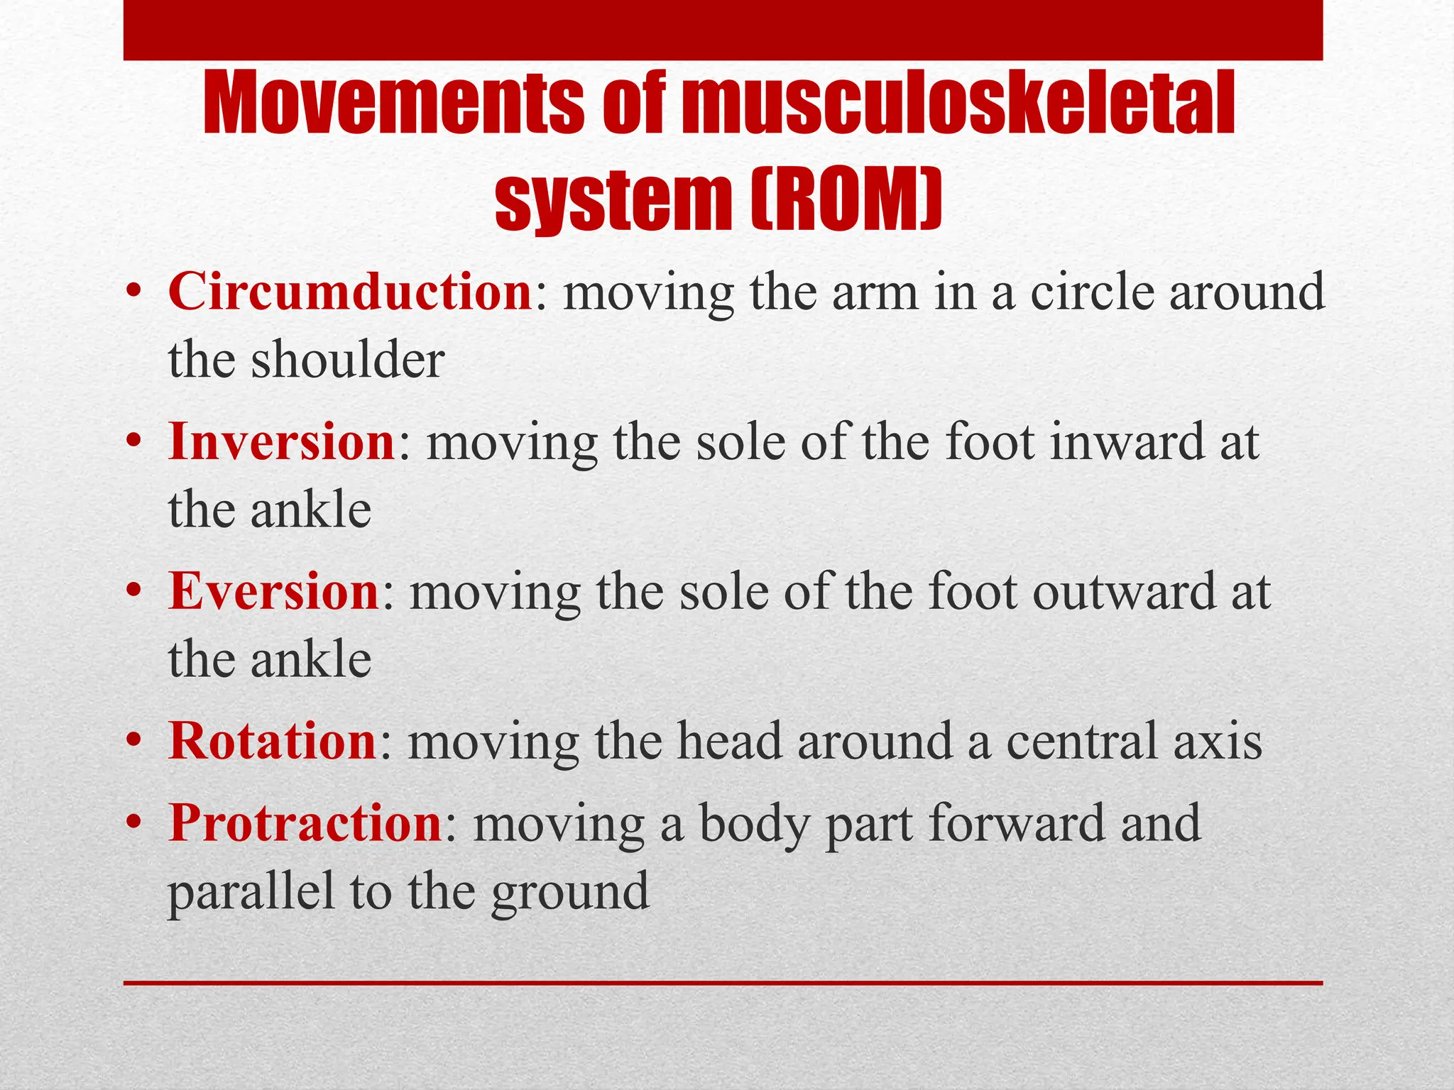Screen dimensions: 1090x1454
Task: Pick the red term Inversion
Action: [x=281, y=442]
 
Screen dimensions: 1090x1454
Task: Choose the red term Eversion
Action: [x=273, y=592]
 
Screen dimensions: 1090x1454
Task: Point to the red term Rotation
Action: [x=272, y=742]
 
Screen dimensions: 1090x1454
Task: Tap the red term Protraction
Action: [x=305, y=823]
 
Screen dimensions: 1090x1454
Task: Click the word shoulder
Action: [x=347, y=360]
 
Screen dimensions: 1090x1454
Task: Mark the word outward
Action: [x=1123, y=592]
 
